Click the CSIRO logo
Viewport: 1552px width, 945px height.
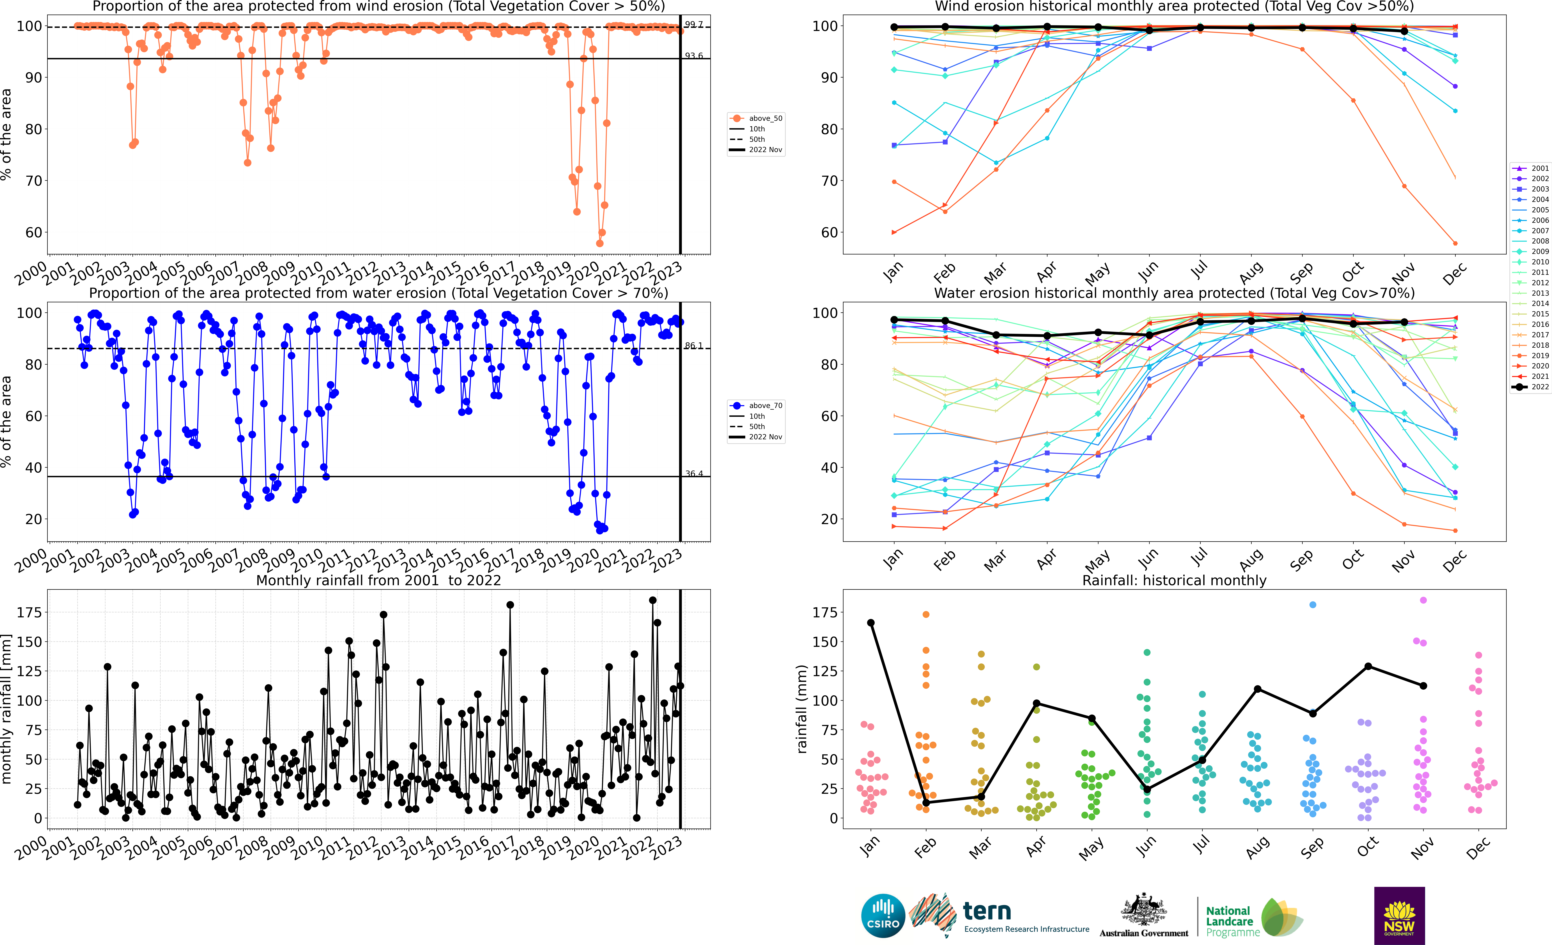(882, 915)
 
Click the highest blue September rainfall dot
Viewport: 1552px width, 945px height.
(1313, 605)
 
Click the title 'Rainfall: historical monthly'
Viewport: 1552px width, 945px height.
(1174, 580)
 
